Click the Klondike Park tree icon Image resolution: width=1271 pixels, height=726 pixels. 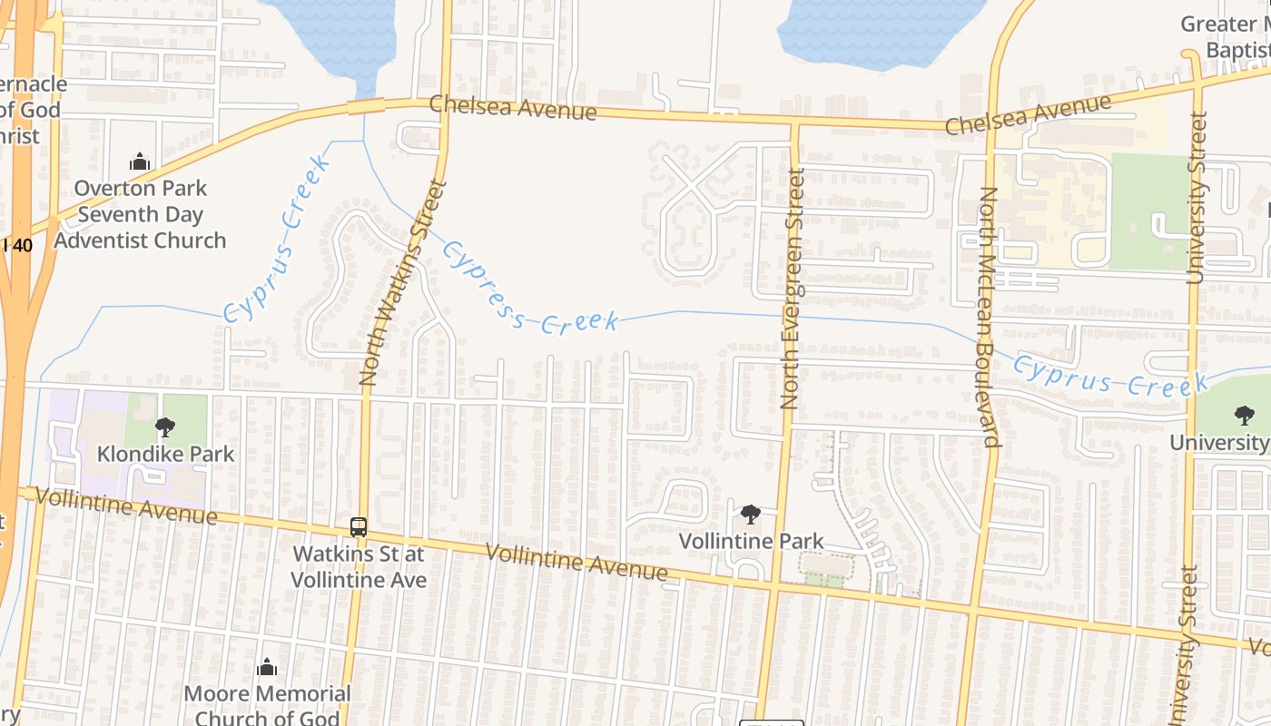165,427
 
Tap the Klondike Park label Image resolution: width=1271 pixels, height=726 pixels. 165,454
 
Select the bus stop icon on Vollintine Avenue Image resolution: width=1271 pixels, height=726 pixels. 359,526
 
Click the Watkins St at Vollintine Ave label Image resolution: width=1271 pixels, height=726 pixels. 359,566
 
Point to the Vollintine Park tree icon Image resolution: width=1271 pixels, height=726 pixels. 750,515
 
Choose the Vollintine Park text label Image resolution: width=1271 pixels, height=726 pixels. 752,542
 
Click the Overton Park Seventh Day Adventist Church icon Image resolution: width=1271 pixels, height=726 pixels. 140,162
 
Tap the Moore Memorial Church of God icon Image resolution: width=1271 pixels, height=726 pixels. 267,668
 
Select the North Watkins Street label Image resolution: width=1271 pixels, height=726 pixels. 403,282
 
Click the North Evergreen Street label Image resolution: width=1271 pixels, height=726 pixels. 793,288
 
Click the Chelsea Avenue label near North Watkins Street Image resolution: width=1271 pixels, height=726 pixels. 513,107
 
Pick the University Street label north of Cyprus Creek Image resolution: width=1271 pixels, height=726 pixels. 1197,197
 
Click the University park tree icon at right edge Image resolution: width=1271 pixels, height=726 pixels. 1244,416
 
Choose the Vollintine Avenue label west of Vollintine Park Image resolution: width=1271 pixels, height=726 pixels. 576,562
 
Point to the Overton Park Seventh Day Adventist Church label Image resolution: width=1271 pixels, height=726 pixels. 140,214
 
